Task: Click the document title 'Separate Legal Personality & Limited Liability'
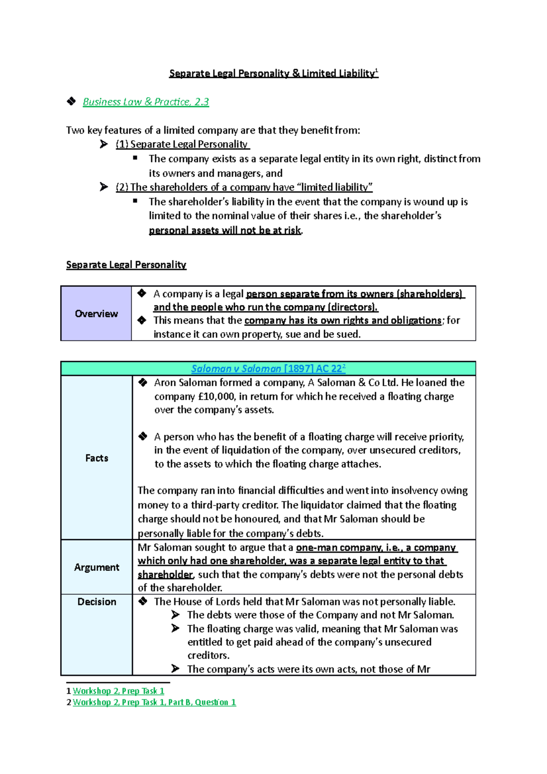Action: coord(273,73)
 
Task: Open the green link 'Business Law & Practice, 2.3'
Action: coord(145,102)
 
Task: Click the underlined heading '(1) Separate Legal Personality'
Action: coord(182,144)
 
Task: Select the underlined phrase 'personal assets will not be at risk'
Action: coord(225,231)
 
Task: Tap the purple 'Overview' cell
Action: coord(96,314)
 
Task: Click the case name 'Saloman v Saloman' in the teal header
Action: coord(236,369)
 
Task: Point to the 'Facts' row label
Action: coord(97,458)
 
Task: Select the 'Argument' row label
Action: coord(97,567)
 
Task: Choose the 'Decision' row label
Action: coord(97,602)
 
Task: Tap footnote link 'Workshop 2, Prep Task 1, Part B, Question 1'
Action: coord(154,702)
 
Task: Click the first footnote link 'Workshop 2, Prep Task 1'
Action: coord(119,691)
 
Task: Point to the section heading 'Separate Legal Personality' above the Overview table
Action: coord(126,265)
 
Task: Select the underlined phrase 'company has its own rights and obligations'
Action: coord(343,320)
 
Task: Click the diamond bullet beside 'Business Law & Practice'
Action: coord(71,101)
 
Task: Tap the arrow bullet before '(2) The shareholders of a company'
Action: coord(104,187)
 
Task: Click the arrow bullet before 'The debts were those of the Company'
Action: coord(175,615)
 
